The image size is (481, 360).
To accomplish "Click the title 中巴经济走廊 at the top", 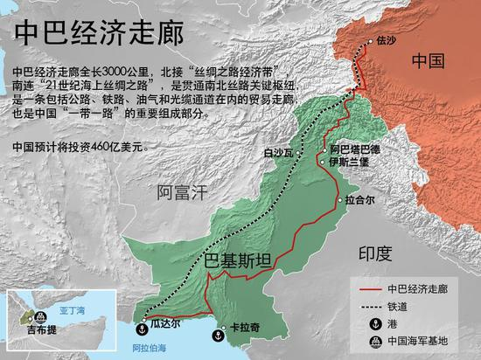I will [x=96, y=32].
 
